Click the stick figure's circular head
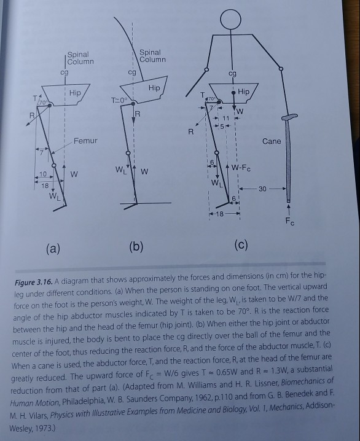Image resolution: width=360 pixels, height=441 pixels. click(230, 20)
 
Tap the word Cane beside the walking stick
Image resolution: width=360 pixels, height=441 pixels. click(272, 141)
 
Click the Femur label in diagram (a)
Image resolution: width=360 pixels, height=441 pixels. click(86, 141)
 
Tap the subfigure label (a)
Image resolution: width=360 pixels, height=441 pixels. click(54, 248)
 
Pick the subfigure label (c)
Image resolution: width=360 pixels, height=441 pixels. click(241, 245)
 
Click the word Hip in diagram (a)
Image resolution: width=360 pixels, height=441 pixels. click(75, 92)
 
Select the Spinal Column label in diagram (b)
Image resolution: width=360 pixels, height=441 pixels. click(152, 57)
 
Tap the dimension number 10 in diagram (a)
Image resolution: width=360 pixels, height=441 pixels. click(42, 175)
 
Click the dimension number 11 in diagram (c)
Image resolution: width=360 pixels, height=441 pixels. click(227, 117)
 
